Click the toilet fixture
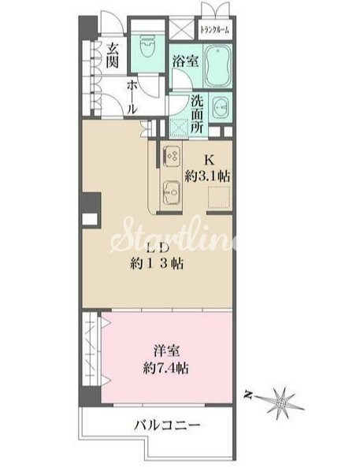[x=145, y=44]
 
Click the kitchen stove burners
[x=171, y=155]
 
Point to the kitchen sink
[x=171, y=189]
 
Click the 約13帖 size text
[x=157, y=265]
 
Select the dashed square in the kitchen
[x=219, y=199]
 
